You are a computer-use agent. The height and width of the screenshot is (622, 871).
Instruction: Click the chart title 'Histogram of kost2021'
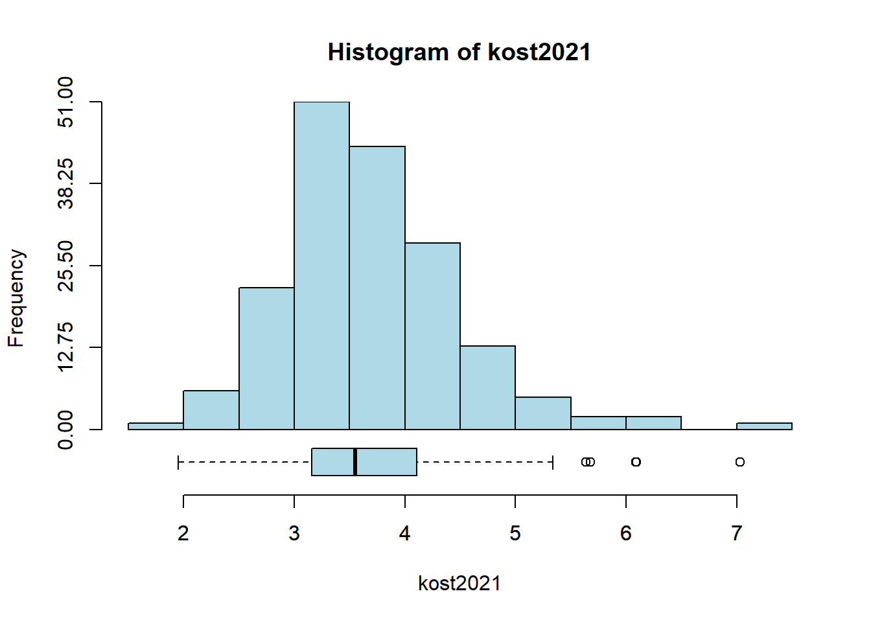pos(459,52)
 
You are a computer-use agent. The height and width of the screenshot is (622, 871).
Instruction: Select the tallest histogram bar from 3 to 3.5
pos(321,266)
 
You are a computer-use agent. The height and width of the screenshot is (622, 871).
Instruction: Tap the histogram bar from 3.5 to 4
pos(377,288)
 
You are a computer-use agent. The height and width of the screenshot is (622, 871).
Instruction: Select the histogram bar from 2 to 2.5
pos(211,409)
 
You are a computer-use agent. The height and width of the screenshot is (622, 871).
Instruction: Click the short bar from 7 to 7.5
pos(764,426)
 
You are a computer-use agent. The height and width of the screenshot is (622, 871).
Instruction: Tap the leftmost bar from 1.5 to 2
pos(156,426)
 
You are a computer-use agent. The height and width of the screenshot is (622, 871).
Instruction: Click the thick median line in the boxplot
pos(355,462)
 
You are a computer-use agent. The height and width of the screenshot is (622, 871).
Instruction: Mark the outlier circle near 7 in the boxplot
pos(740,462)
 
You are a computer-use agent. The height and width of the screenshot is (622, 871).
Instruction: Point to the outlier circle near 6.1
pos(636,462)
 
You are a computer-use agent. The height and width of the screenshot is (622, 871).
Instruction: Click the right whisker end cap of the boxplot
pos(552,462)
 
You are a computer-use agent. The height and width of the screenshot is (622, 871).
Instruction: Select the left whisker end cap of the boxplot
pos(178,462)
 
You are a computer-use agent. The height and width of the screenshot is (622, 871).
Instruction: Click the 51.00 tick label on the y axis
pos(65,102)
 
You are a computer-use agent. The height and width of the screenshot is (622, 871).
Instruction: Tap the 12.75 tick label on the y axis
pos(65,347)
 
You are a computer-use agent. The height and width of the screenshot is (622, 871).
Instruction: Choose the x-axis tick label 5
pos(515,533)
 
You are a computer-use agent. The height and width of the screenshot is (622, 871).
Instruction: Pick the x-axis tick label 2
pos(183,533)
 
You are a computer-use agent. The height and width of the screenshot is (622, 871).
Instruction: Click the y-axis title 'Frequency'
pos(16,298)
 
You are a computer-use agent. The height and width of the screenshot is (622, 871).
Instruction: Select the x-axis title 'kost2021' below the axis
pos(459,583)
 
